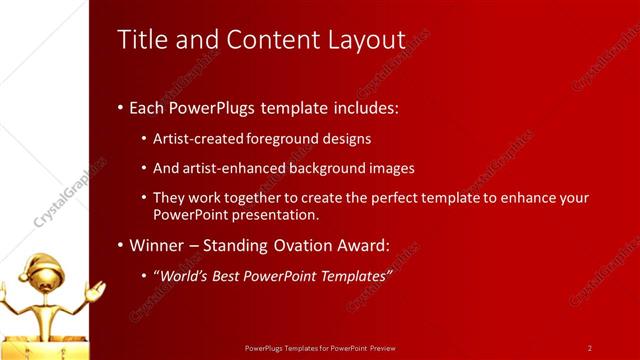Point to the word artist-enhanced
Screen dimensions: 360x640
click(x=234, y=168)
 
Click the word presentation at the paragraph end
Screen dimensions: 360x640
click(x=282, y=215)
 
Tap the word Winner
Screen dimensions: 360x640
click(x=158, y=245)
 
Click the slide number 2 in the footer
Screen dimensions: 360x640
click(x=590, y=348)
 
